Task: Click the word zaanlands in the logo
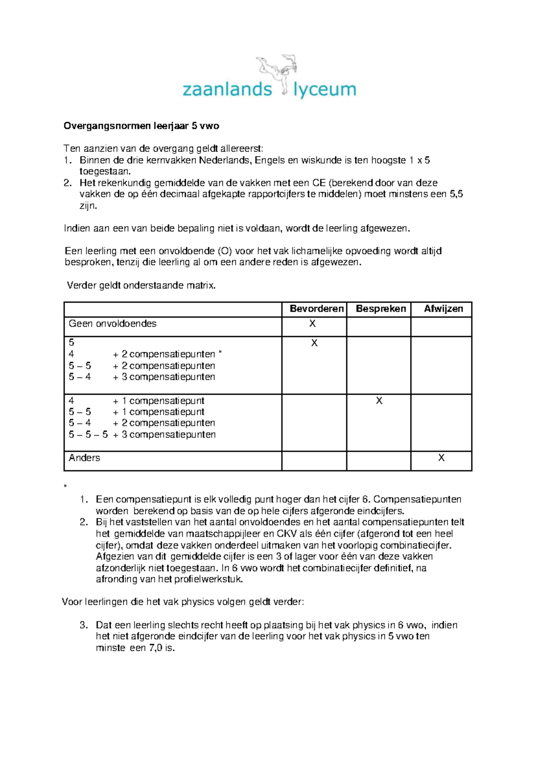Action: [x=227, y=89]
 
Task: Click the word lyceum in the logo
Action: [x=325, y=89]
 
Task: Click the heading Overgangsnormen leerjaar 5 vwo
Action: [x=141, y=126]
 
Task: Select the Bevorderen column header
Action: [x=316, y=309]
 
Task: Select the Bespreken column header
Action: [x=381, y=309]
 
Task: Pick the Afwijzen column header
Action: [x=443, y=309]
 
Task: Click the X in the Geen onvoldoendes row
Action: [x=312, y=324]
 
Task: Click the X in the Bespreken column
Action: [x=379, y=401]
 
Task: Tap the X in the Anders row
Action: [x=441, y=458]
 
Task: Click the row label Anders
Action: [x=84, y=458]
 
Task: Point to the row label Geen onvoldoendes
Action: [x=113, y=324]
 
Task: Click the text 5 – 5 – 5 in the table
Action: [x=88, y=434]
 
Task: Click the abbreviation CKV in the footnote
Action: [x=287, y=534]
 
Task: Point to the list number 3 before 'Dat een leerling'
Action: [x=83, y=625]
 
